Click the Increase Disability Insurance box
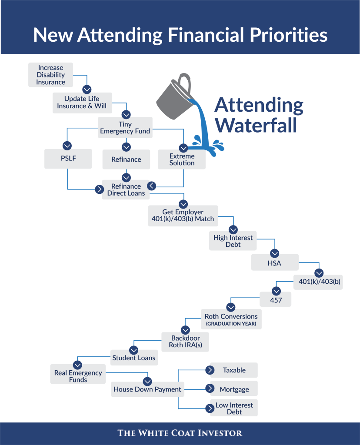(x=50, y=75)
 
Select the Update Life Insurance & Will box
(x=82, y=103)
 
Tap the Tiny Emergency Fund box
(x=125, y=128)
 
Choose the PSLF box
(x=68, y=159)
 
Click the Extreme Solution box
(x=182, y=159)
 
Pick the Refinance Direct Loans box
(x=126, y=190)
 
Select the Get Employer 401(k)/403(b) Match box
(x=183, y=216)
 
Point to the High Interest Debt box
(x=233, y=241)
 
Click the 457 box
(x=276, y=300)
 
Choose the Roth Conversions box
(x=231, y=319)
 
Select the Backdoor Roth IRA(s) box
(x=185, y=342)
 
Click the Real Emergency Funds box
(x=78, y=376)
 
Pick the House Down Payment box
(x=147, y=389)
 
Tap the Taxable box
(x=234, y=370)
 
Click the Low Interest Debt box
(x=234, y=408)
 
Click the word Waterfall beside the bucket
(x=256, y=125)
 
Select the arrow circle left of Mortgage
(x=210, y=389)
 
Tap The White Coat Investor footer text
(x=180, y=433)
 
